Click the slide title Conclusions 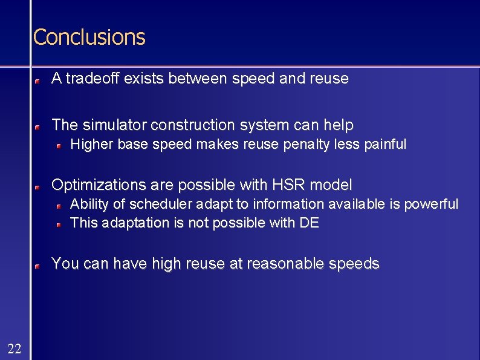click(89, 37)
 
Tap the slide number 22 click(15, 347)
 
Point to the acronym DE click(309, 223)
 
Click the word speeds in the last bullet click(357, 264)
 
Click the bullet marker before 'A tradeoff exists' click(37, 79)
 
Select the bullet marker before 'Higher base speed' click(59, 145)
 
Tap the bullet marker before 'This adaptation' click(59, 224)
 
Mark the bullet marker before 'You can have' click(37, 265)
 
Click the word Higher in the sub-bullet click(92, 145)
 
